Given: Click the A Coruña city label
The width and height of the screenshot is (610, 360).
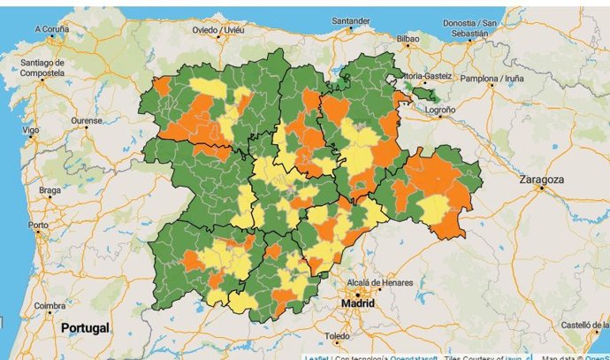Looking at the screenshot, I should (x=50, y=28).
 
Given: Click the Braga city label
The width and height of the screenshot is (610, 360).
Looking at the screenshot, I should (x=50, y=190).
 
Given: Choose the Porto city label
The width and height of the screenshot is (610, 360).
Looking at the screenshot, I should (x=38, y=225).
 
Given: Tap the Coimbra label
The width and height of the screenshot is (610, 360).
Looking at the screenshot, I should (x=50, y=306).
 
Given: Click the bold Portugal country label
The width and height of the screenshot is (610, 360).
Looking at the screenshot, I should (x=85, y=328).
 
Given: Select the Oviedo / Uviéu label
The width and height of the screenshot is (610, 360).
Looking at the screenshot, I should (x=217, y=29).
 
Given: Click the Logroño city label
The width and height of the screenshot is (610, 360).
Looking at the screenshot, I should (x=439, y=110).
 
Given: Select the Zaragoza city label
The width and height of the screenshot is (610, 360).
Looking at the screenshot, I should (x=542, y=179).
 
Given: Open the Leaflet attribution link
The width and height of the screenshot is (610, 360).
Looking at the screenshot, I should (x=318, y=357).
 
